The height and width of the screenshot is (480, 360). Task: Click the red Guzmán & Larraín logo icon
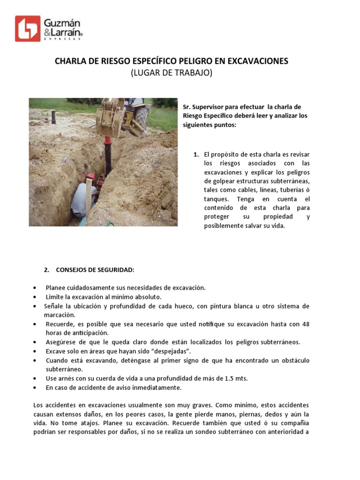(x=28, y=29)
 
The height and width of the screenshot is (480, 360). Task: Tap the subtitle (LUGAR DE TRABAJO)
(x=172, y=73)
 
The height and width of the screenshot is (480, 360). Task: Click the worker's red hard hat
(x=90, y=177)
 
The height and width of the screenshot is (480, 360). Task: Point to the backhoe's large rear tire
(x=141, y=117)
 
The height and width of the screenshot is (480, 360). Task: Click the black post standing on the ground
(x=53, y=117)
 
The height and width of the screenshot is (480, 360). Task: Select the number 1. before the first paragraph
(x=196, y=154)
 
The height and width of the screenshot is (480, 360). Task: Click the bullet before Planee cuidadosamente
(x=36, y=288)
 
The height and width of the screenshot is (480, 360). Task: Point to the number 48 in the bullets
(x=305, y=324)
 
